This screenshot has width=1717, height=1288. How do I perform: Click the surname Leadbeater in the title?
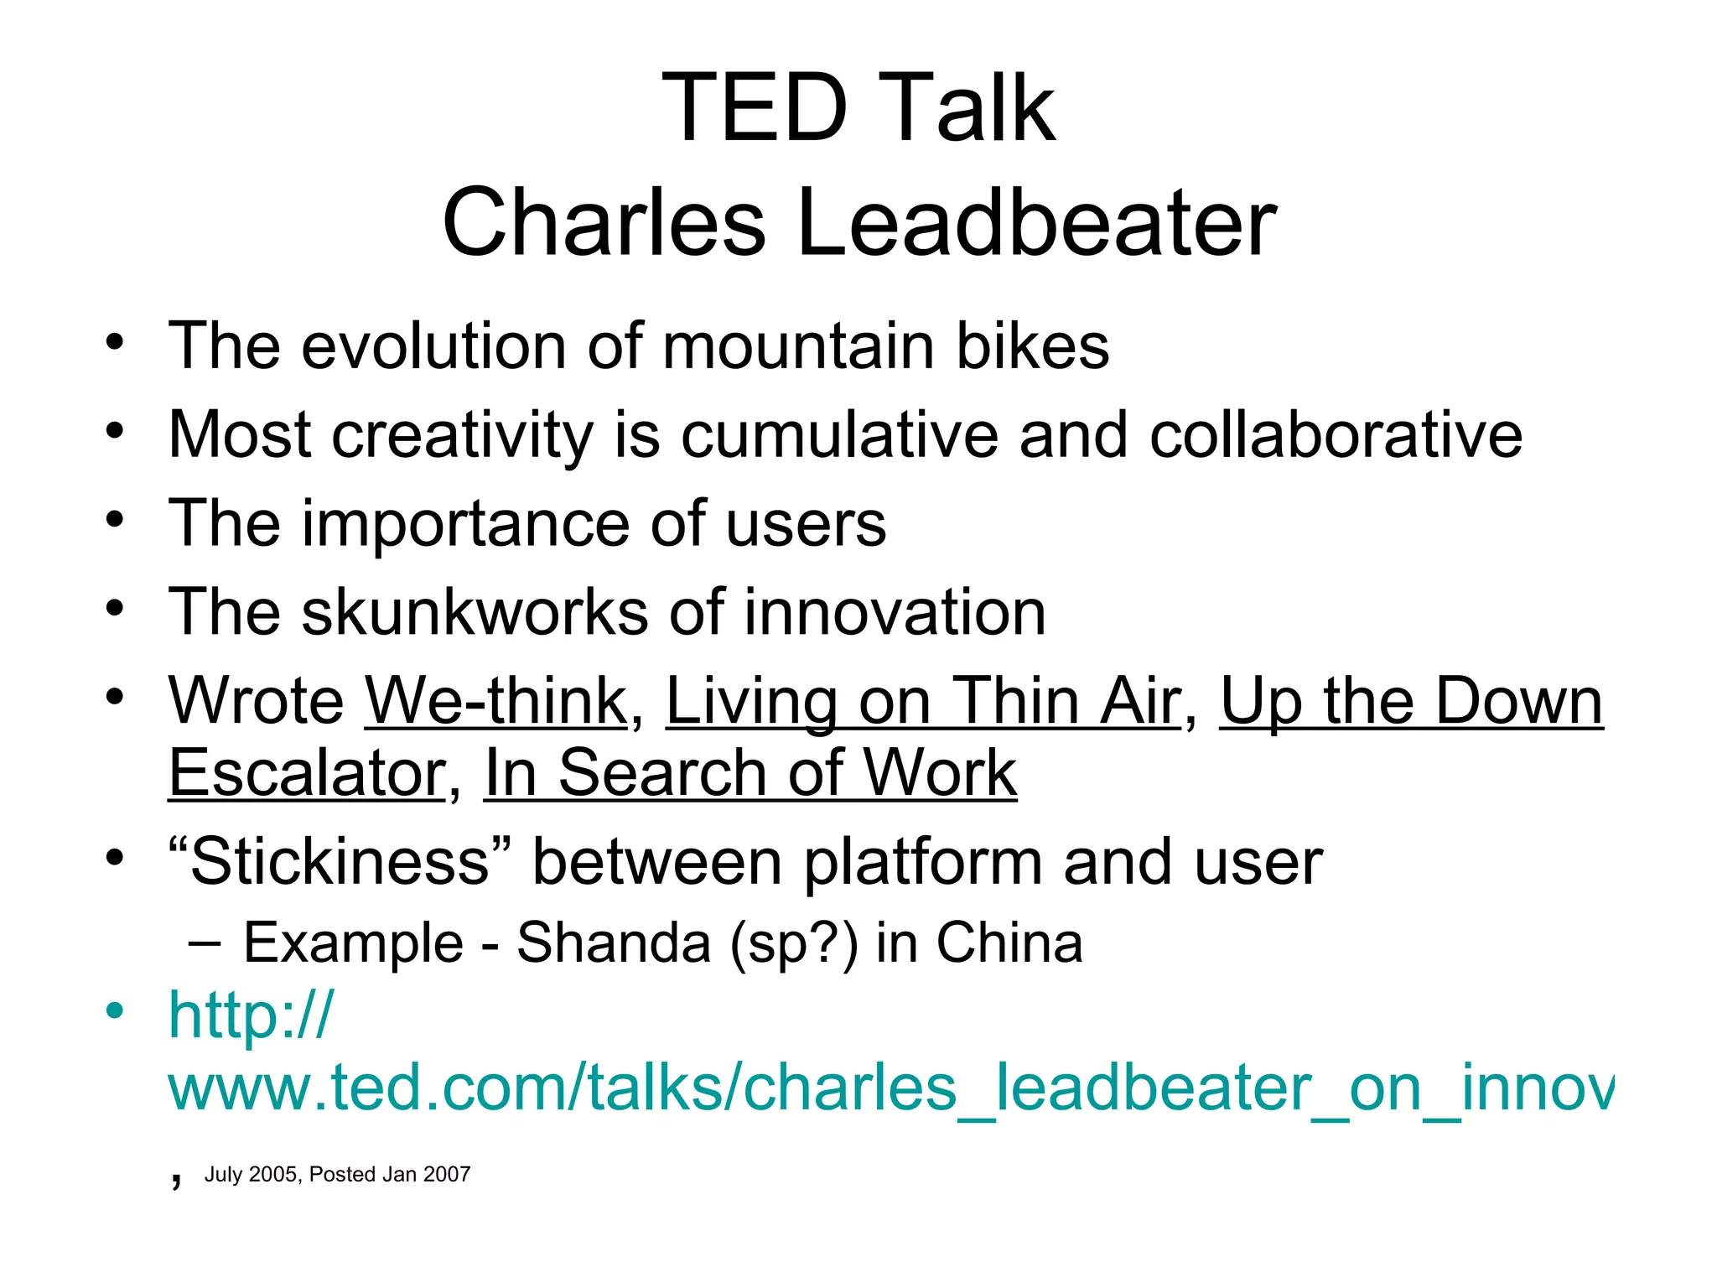[x=1036, y=223]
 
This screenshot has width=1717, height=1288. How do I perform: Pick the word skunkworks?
[x=475, y=612]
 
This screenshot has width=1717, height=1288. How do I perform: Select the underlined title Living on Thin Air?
[x=923, y=701]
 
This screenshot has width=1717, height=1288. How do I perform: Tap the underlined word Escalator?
[x=307, y=773]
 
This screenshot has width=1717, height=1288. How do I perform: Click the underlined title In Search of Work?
[x=750, y=773]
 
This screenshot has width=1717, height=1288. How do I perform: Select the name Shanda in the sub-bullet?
[x=614, y=943]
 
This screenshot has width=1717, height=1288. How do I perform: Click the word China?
[x=1009, y=943]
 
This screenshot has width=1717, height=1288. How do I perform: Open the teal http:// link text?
[x=251, y=1015]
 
